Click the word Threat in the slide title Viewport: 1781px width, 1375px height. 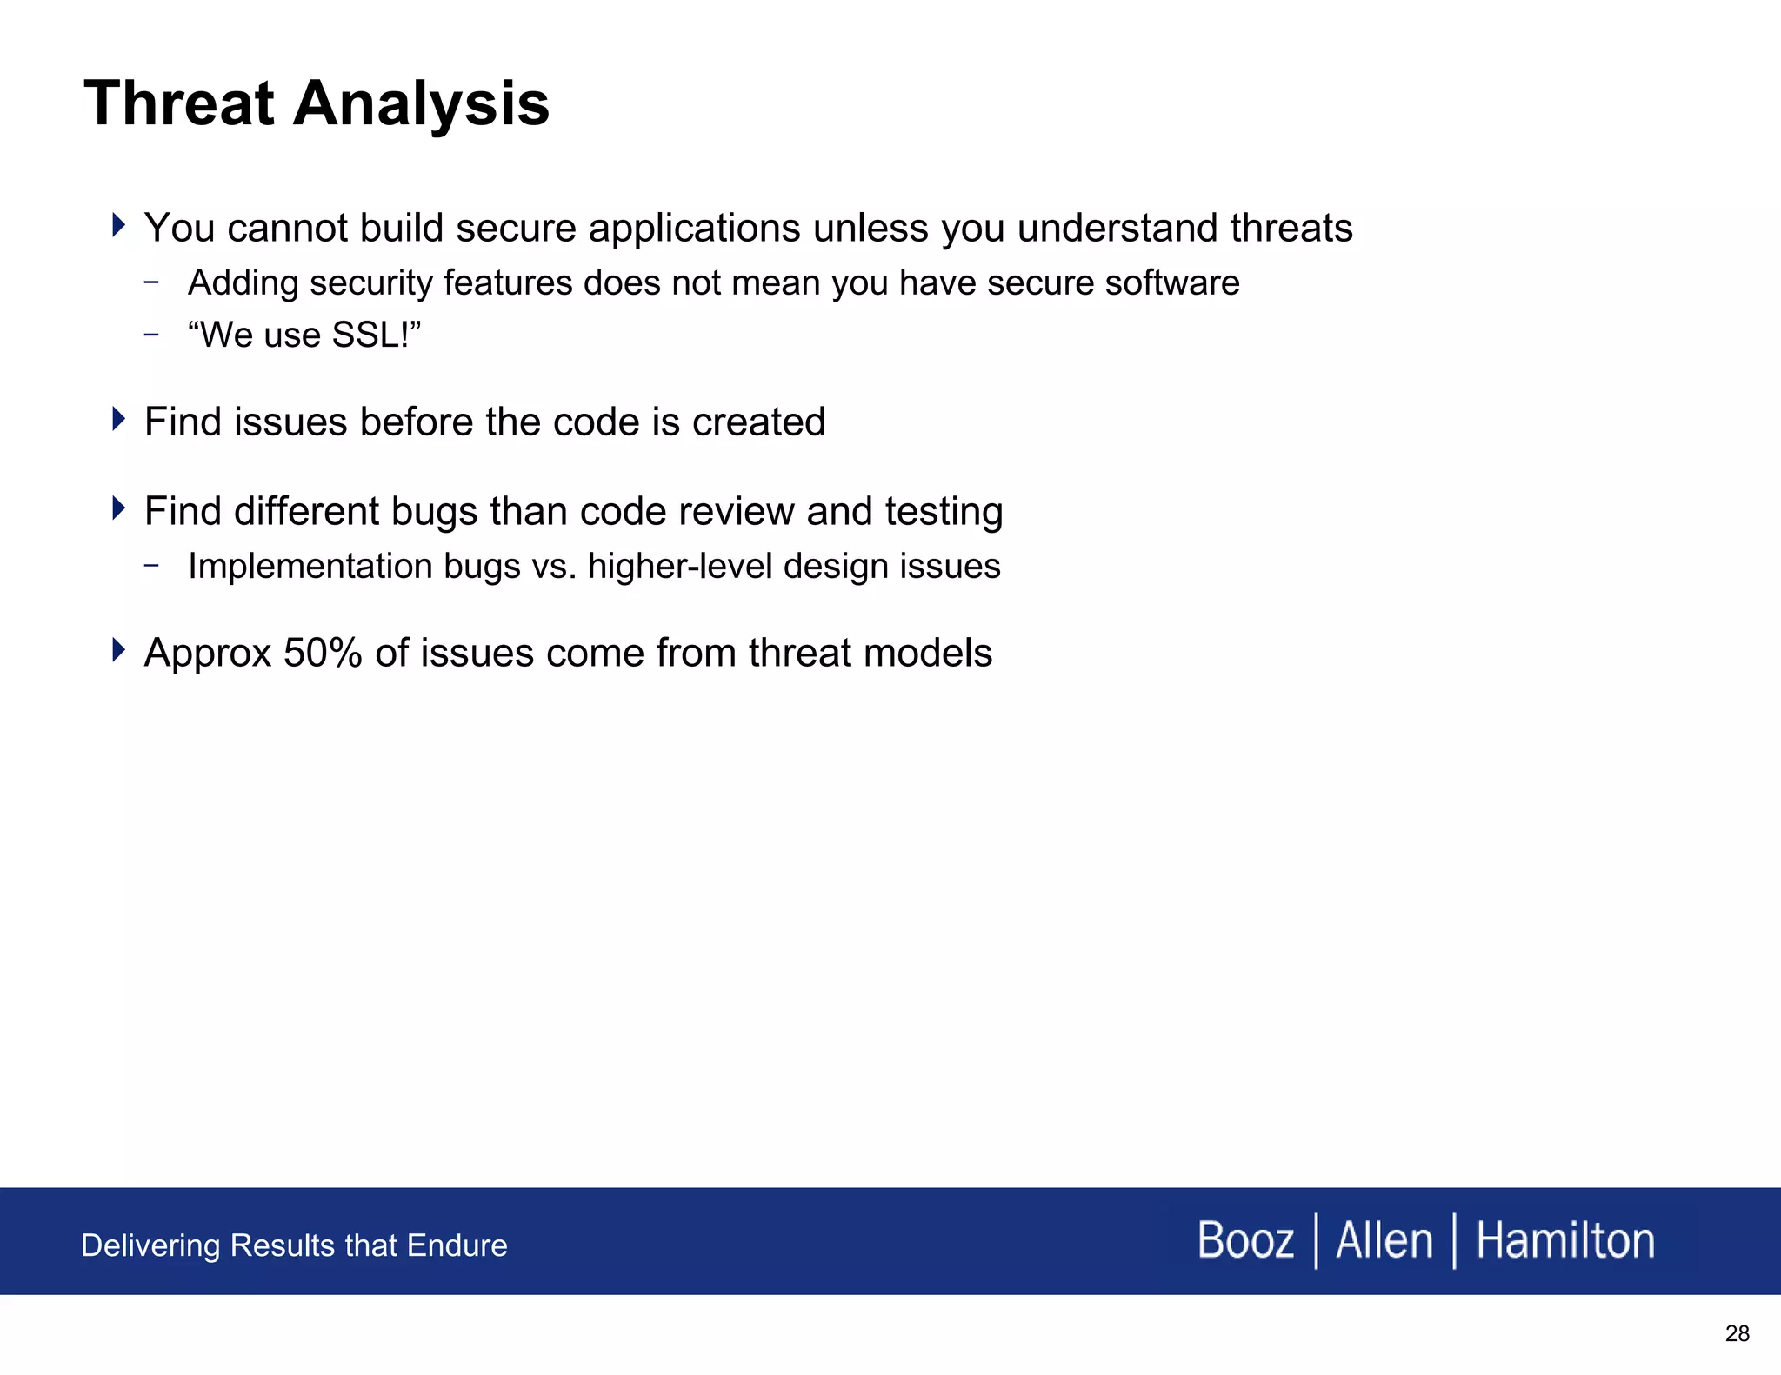coord(178,103)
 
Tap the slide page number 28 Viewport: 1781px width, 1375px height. coord(1737,1333)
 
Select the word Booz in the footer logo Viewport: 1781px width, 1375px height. coord(1244,1240)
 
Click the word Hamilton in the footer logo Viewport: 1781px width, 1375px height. coord(1564,1240)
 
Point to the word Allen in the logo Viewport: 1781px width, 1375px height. coord(1384,1240)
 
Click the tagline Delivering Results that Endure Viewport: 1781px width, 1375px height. coord(294,1245)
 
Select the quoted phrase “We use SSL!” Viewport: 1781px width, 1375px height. coord(304,335)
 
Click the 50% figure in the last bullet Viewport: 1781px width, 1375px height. coord(323,653)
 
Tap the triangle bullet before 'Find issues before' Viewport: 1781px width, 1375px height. coord(119,419)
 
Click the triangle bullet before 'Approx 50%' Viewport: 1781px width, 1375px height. coord(119,649)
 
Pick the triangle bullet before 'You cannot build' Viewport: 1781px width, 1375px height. coord(119,225)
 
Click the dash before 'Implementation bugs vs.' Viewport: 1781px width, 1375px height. coord(152,566)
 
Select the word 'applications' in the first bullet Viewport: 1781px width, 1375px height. coord(694,229)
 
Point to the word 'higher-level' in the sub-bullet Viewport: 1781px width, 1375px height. coord(680,566)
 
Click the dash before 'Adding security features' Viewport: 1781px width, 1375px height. coord(152,282)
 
